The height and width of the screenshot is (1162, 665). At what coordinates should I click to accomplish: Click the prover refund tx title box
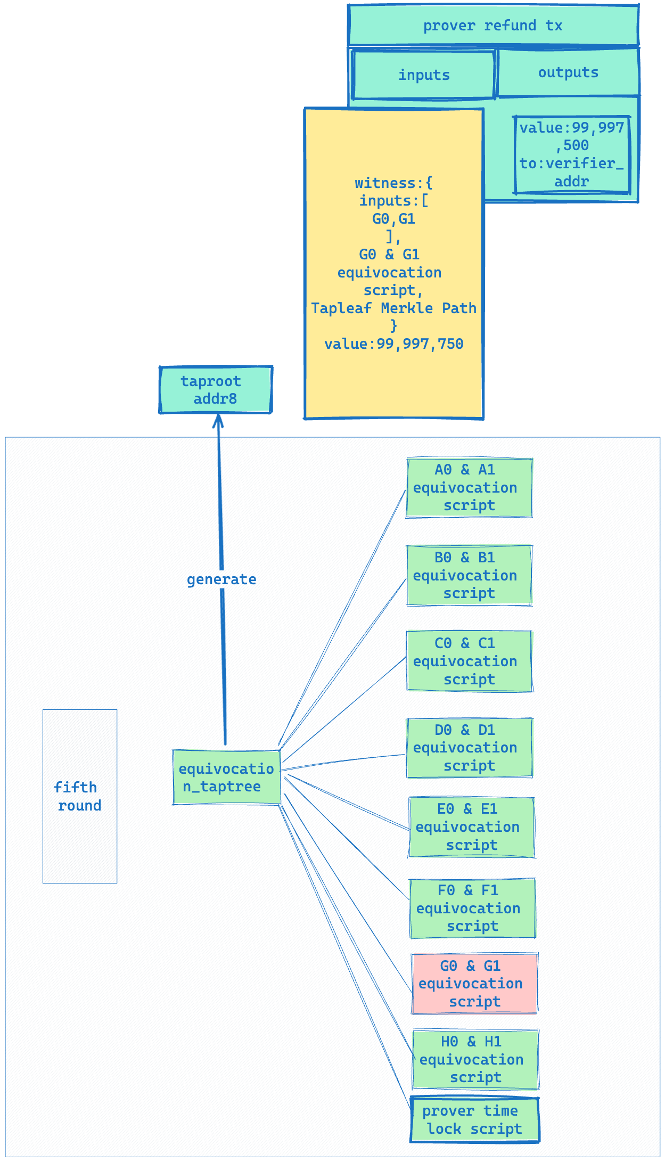493,25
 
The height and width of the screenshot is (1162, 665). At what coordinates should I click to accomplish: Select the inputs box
424,75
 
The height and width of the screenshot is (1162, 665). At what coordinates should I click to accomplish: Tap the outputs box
568,72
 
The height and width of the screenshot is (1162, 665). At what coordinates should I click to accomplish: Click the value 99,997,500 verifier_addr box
572,154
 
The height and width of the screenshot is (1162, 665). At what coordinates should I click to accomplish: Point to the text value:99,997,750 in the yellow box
393,344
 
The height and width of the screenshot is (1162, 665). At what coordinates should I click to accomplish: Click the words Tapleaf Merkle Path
393,308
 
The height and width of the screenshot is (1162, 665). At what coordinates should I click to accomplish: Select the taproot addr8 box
216,390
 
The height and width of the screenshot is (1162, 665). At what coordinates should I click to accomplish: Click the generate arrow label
221,579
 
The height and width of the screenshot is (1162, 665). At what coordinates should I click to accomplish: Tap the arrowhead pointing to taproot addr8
218,421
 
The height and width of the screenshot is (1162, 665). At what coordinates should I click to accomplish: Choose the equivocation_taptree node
226,778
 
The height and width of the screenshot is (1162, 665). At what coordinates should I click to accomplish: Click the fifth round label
78,796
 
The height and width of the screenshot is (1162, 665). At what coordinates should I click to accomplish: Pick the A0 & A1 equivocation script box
469,488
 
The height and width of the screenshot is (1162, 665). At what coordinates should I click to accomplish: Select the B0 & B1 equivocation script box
469,576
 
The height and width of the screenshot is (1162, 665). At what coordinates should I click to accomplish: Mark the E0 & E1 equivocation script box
472,827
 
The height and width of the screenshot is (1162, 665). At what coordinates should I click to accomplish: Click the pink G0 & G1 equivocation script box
474,984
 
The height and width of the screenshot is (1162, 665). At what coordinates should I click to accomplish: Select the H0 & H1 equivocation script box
475,1060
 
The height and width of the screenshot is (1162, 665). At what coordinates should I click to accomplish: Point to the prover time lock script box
474,1120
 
